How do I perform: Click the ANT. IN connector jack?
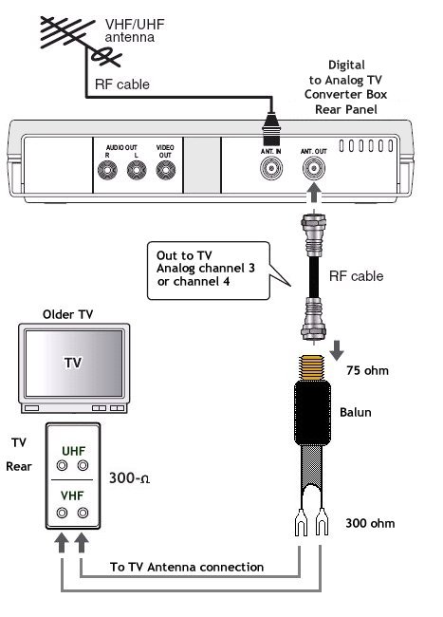(x=271, y=169)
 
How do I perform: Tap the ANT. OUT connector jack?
(x=314, y=169)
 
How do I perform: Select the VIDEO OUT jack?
(x=165, y=170)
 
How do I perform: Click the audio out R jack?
(x=107, y=170)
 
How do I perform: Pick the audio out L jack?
(x=137, y=170)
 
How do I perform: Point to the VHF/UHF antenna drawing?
(x=81, y=39)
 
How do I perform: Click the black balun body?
(x=312, y=413)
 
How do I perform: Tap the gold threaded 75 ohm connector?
(x=312, y=368)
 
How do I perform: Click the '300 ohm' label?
(x=370, y=523)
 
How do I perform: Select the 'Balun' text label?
(x=356, y=412)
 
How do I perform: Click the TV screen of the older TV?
(x=74, y=363)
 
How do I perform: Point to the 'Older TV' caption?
(x=67, y=314)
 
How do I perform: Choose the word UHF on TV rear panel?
(x=73, y=451)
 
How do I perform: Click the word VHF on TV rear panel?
(x=72, y=495)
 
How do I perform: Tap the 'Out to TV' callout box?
(x=209, y=271)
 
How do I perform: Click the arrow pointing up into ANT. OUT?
(x=313, y=194)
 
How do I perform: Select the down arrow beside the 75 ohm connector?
(x=337, y=350)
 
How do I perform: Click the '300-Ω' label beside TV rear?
(x=129, y=478)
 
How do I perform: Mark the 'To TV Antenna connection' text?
(x=187, y=567)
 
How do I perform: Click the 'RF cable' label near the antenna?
(x=122, y=84)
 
